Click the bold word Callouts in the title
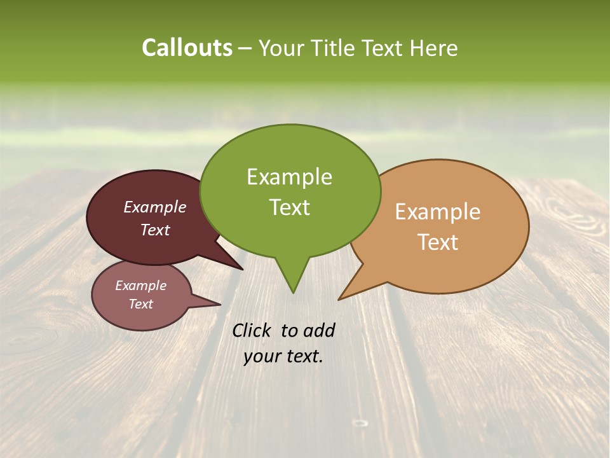click(187, 48)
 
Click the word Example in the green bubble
click(289, 177)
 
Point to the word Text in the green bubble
click(289, 207)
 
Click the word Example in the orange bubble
click(438, 212)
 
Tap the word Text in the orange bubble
click(438, 242)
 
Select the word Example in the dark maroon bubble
click(155, 207)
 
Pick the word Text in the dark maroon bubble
click(155, 230)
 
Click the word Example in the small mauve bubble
click(140, 286)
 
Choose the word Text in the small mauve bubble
click(140, 304)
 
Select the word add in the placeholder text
click(319, 330)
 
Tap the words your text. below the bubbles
click(283, 356)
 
